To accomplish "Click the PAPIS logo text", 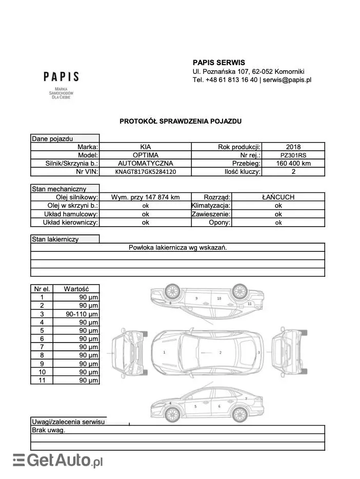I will [61, 77].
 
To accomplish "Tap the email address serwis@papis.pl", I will [287, 80].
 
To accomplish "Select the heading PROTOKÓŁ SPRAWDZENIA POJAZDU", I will [180, 122].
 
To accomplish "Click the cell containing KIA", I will [146, 147].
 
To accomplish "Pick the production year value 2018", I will [294, 147].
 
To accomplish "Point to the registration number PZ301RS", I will [294, 155].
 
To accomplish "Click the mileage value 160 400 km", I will [293, 164].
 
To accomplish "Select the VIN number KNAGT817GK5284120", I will [146, 172].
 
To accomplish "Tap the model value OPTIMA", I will [146, 155].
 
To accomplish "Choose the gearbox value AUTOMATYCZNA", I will [146, 164].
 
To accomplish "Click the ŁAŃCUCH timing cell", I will [278, 197].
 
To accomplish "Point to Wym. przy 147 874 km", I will [146, 197].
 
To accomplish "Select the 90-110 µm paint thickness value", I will [82, 314].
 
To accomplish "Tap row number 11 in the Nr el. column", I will [42, 380].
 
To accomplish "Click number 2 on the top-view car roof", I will [220, 353].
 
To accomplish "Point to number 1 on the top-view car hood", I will [164, 353].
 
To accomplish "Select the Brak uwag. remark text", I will [49, 430].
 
